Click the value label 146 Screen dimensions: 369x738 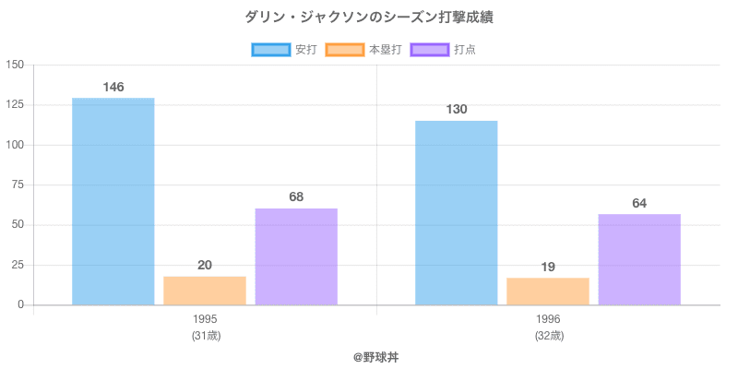(113, 87)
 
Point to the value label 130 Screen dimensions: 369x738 (457, 109)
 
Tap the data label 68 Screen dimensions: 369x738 (296, 196)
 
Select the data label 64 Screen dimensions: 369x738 (639, 203)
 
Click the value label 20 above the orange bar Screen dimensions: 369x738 (205, 265)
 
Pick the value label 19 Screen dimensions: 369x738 (548, 267)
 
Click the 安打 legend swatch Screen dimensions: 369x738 (271, 50)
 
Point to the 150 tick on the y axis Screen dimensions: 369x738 (15, 65)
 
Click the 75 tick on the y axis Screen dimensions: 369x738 (18, 184)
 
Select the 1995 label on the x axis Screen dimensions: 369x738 (205, 319)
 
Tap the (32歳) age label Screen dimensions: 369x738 (548, 336)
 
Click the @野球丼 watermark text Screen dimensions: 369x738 (376, 356)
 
